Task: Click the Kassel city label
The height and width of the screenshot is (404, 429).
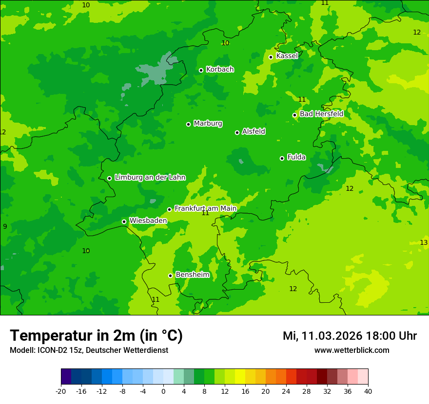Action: pyautogui.click(x=287, y=56)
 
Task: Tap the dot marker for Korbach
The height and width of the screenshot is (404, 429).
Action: pyautogui.click(x=201, y=70)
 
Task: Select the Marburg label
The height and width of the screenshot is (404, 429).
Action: pyautogui.click(x=208, y=124)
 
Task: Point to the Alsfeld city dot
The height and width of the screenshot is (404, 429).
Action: pyautogui.click(x=237, y=132)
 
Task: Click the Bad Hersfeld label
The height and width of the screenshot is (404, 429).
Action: pyautogui.click(x=321, y=114)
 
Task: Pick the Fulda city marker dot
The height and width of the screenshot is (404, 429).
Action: pyautogui.click(x=282, y=158)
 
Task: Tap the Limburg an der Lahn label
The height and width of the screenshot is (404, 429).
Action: pyautogui.click(x=150, y=178)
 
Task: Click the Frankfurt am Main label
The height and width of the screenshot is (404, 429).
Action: pyautogui.click(x=205, y=208)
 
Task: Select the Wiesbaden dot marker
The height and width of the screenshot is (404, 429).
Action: pyautogui.click(x=124, y=221)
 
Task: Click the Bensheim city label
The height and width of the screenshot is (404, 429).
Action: pyautogui.click(x=192, y=275)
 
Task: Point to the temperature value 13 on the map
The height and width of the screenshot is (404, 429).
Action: pyautogui.click(x=424, y=242)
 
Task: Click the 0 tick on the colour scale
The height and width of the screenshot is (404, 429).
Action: pyautogui.click(x=163, y=391)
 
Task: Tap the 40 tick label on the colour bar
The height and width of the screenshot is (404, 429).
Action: pyautogui.click(x=368, y=391)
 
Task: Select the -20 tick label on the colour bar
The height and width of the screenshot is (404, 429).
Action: pyautogui.click(x=61, y=391)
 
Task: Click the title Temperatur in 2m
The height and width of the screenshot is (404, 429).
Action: pyautogui.click(x=96, y=335)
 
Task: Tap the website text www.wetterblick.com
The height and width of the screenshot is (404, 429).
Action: pyautogui.click(x=351, y=350)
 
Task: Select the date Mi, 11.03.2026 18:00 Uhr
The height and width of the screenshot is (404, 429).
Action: pyautogui.click(x=350, y=336)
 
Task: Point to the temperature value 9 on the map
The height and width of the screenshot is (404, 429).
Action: pyautogui.click(x=5, y=226)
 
